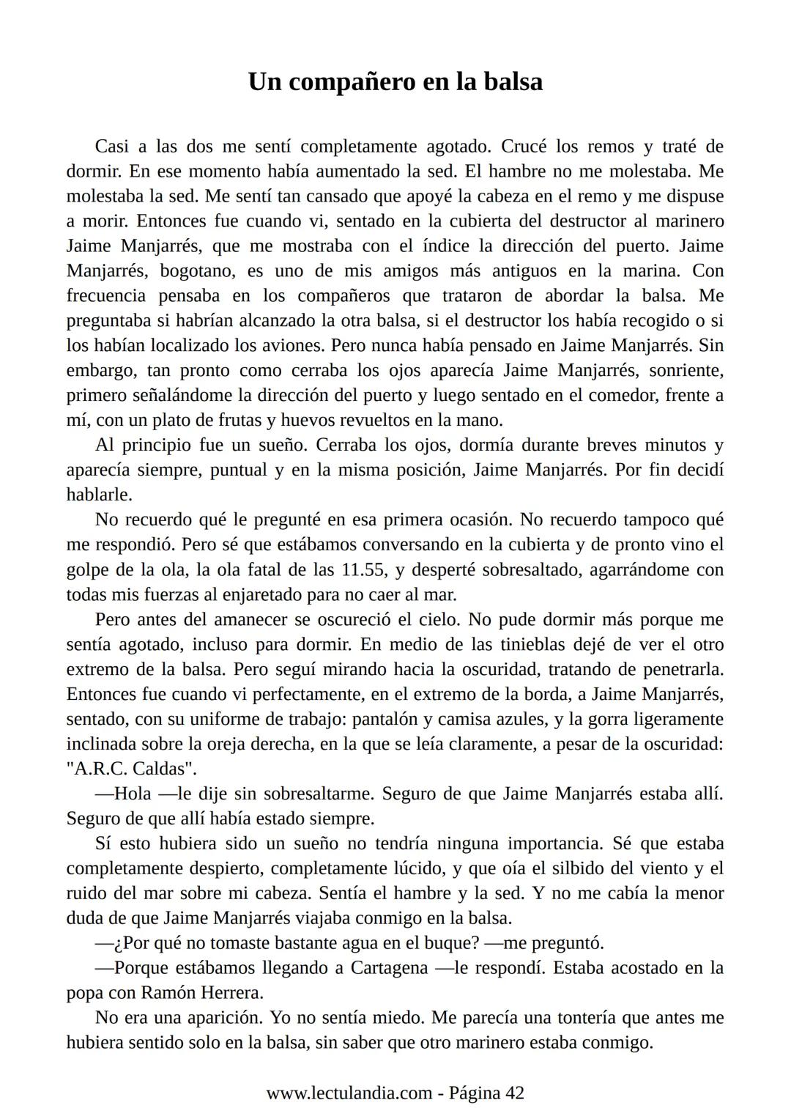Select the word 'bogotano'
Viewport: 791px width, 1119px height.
point(197,270)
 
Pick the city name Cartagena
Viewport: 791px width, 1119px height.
point(389,967)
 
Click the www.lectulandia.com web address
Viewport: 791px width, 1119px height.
point(349,1093)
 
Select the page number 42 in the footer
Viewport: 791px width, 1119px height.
point(515,1093)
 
